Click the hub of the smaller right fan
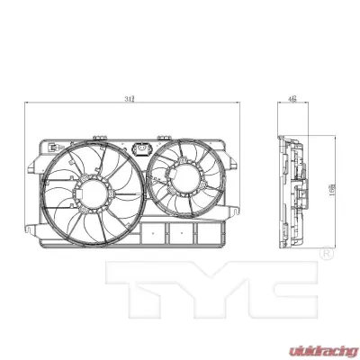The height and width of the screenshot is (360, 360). (x=185, y=175)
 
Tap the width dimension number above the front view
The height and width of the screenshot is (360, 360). (x=131, y=99)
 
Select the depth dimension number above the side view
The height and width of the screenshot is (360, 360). (x=293, y=99)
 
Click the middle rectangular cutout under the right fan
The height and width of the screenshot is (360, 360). (x=180, y=232)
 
